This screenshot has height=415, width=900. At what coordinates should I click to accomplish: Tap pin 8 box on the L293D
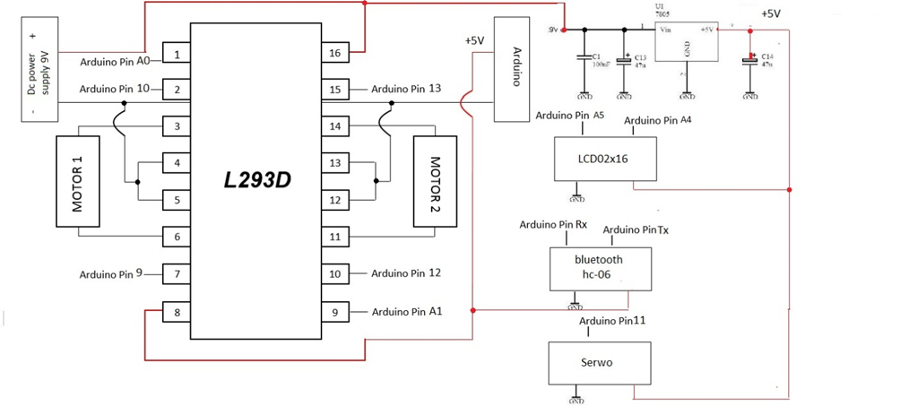coord(177,313)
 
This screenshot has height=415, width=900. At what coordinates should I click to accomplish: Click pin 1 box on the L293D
coord(177,55)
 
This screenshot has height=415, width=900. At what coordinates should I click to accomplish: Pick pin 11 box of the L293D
coord(334,237)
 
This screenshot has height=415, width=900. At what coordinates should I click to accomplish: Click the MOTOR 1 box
coord(78,182)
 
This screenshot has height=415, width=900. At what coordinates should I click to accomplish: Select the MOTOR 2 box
coord(436,181)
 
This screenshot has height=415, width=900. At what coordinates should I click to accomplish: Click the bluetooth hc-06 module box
coord(599,268)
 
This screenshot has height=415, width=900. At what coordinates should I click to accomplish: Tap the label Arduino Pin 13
coord(406,89)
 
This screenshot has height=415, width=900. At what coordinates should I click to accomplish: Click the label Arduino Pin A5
coord(569,116)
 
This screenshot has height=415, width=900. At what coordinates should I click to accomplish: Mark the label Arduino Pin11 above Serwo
coord(613,320)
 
